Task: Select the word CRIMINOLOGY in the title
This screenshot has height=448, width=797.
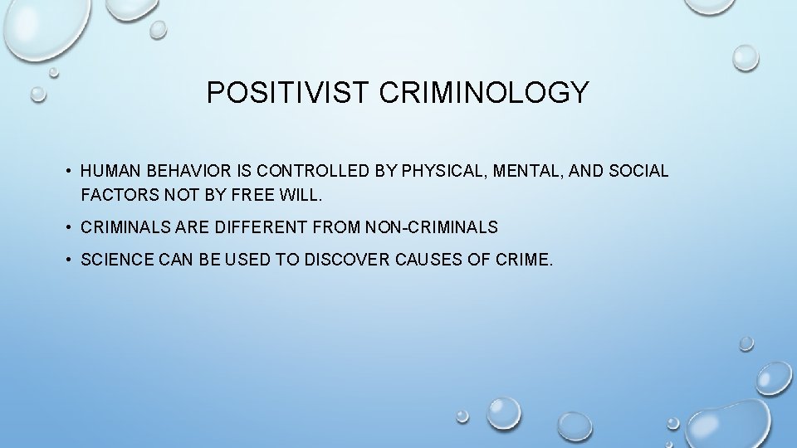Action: (x=484, y=93)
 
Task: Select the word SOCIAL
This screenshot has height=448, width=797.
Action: (x=639, y=172)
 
